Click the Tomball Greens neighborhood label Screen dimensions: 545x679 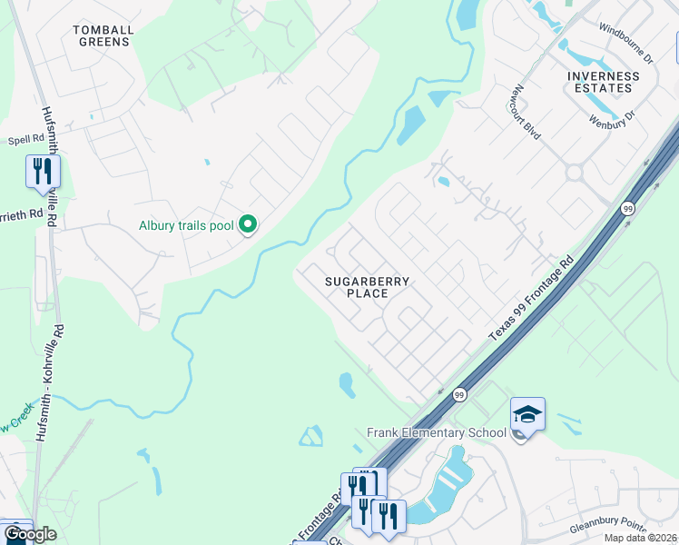pyautogui.click(x=103, y=35)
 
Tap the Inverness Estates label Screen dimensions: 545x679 pyautogui.click(x=599, y=82)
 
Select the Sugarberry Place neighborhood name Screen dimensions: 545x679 pyautogui.click(x=368, y=287)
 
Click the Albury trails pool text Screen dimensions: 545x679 pyautogui.click(x=185, y=225)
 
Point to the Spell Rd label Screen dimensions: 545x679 pyautogui.click(x=25, y=140)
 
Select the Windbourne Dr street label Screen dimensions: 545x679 pyautogui.click(x=626, y=45)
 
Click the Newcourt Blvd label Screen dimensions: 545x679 pyautogui.click(x=526, y=112)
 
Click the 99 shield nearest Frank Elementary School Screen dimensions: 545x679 pyautogui.click(x=459, y=395)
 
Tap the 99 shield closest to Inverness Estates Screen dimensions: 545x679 pyautogui.click(x=627, y=209)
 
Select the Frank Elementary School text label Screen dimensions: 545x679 pyautogui.click(x=436, y=432)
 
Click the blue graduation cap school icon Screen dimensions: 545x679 pyautogui.click(x=527, y=414)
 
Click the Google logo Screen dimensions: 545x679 pyautogui.click(x=29, y=534)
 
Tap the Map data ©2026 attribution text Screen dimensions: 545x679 pyautogui.click(x=641, y=538)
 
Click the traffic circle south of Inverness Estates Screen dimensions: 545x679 pyautogui.click(x=573, y=172)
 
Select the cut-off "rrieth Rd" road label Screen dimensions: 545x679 pyautogui.click(x=22, y=214)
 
